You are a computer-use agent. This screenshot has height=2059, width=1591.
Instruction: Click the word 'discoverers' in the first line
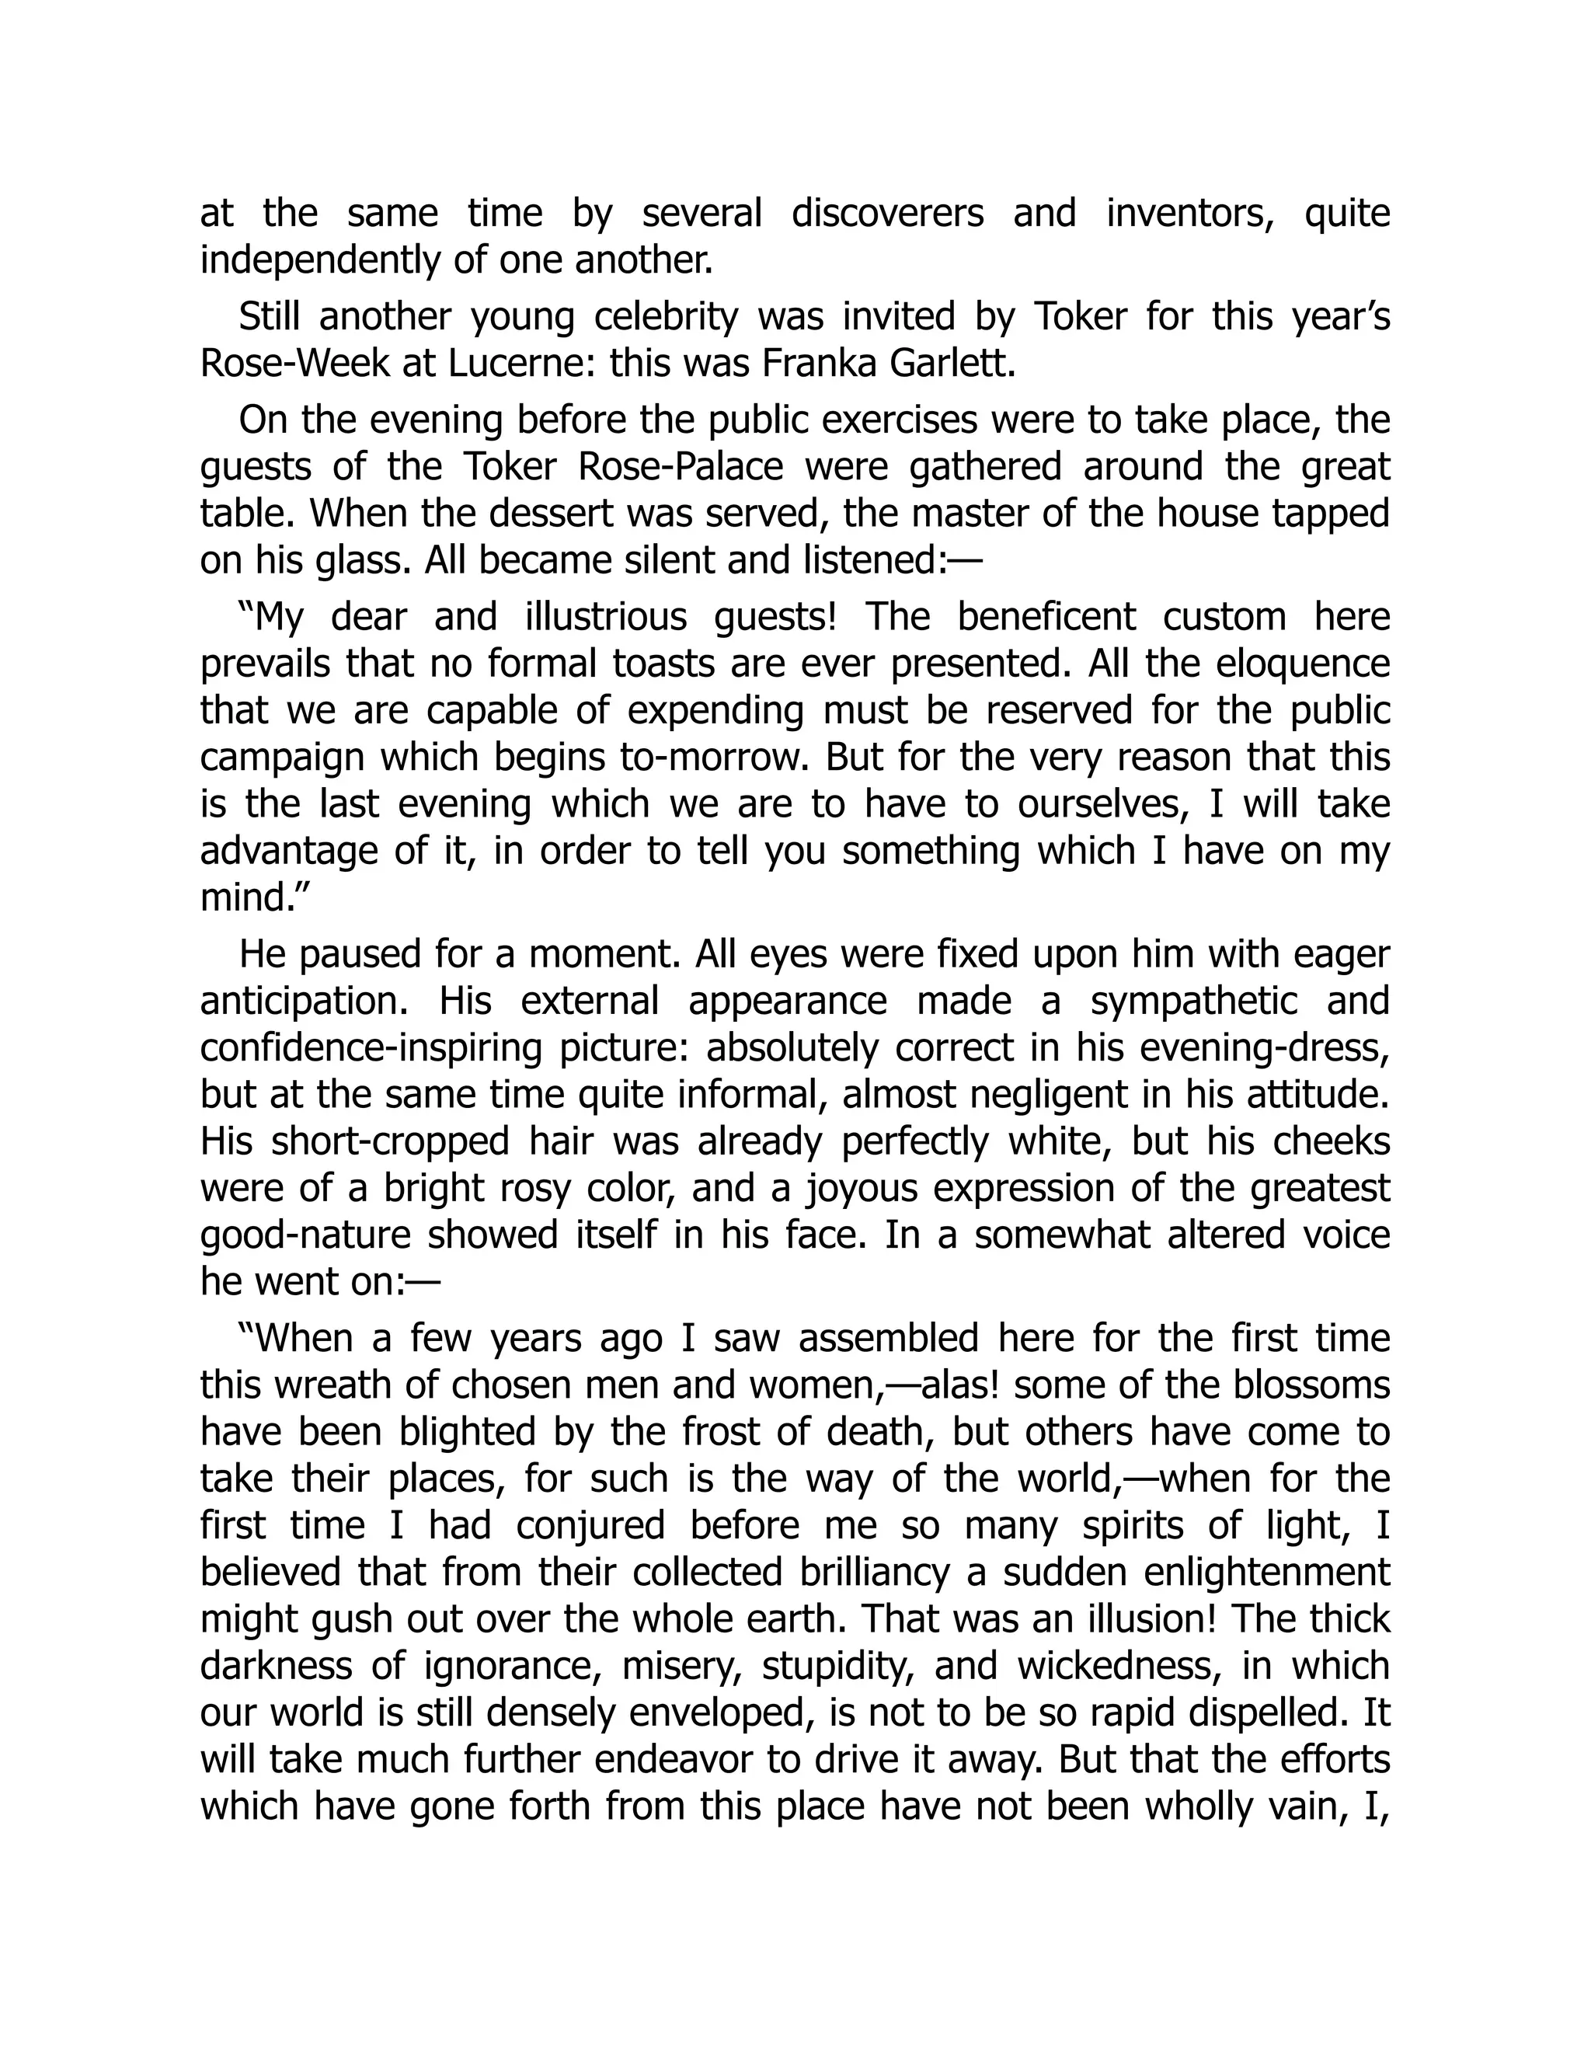click(x=887, y=214)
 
